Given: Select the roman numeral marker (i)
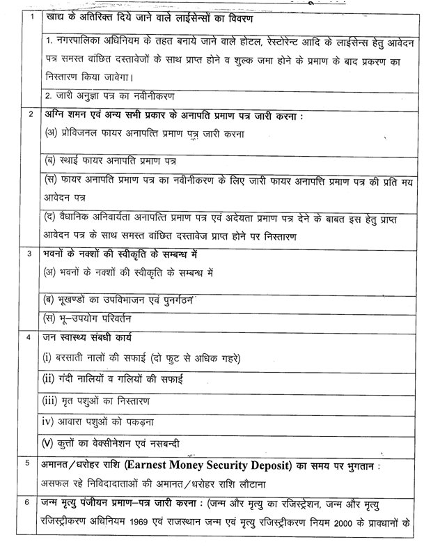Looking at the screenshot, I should pyautogui.click(x=48, y=358).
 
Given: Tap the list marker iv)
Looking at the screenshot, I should pyautogui.click(x=49, y=422).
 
